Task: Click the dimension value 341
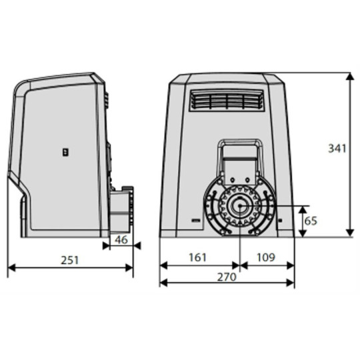point(337,149)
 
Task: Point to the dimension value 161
point(198,257)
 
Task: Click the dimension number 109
point(265,257)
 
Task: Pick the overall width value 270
point(227,277)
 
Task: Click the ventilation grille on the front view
point(225,101)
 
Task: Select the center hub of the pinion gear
point(238,206)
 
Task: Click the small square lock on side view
point(65,151)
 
